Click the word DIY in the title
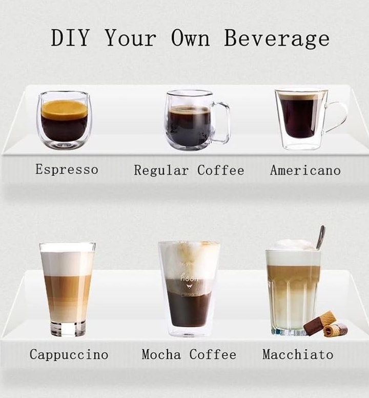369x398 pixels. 70,37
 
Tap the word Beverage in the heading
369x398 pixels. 277,38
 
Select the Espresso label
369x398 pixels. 67,169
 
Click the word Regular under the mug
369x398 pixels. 161,170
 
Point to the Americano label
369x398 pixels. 305,170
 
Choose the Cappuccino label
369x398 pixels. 69,354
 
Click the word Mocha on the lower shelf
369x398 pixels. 161,354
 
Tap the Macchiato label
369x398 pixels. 298,354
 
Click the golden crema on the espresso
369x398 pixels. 65,109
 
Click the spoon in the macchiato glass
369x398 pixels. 320,237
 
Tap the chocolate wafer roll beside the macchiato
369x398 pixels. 326,324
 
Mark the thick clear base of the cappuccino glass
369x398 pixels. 68,329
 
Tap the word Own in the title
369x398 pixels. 191,37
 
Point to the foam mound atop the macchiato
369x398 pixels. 294,245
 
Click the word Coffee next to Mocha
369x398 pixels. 213,354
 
